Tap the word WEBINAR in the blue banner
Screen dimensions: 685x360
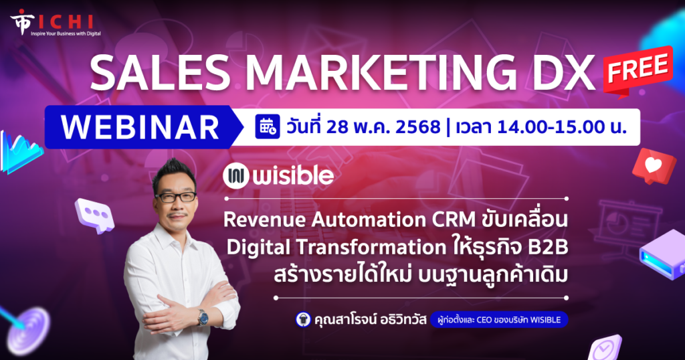[140, 128]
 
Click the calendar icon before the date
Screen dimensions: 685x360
[268, 126]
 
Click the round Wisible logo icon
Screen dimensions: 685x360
[236, 176]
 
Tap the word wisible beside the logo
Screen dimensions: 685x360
[293, 176]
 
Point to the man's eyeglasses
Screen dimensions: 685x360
[176, 197]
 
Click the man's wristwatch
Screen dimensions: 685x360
[202, 317]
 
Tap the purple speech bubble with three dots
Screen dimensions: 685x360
[94, 215]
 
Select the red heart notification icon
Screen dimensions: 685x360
[654, 166]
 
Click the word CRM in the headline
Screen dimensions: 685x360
[454, 219]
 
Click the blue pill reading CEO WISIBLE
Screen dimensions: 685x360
[499, 320]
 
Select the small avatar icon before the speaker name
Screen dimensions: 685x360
[303, 319]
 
